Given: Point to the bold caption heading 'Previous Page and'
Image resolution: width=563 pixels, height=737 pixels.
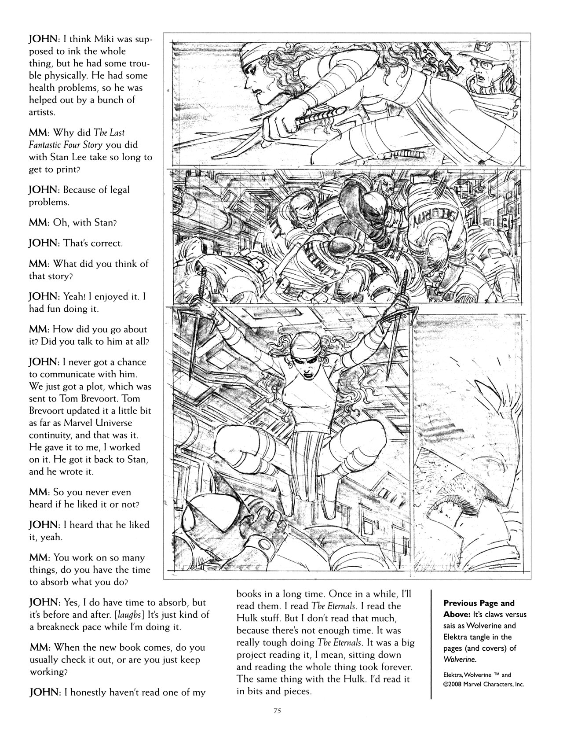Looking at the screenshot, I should tap(479, 603).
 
